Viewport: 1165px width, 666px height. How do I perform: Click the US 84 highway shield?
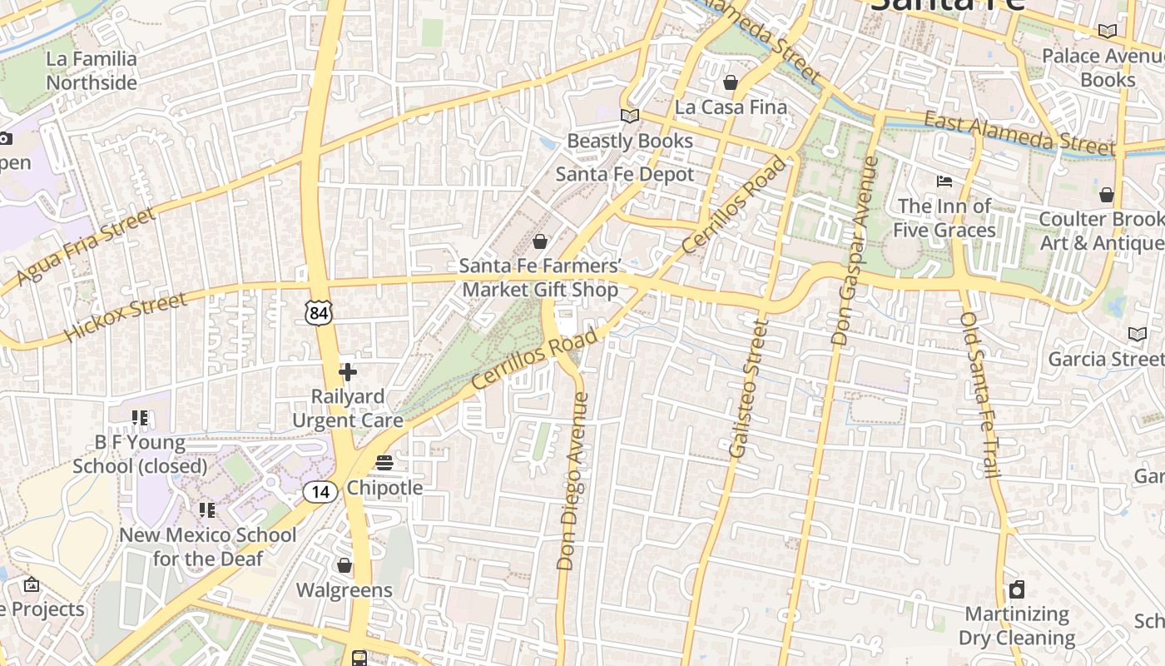pyautogui.click(x=319, y=312)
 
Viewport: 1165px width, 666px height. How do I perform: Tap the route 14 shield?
pyautogui.click(x=320, y=492)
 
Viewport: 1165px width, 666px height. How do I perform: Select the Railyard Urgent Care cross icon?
pyautogui.click(x=348, y=372)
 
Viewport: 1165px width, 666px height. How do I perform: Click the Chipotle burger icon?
pyautogui.click(x=384, y=462)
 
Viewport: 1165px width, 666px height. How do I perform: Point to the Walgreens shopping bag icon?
pyautogui.click(x=345, y=566)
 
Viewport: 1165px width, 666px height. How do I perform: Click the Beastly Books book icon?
pyautogui.click(x=630, y=117)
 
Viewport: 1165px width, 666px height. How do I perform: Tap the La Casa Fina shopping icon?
pyautogui.click(x=731, y=82)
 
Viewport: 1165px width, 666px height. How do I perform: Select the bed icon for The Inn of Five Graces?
pyautogui.click(x=944, y=181)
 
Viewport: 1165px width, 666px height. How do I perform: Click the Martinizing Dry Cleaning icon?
pyautogui.click(x=1016, y=590)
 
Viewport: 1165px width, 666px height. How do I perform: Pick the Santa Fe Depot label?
pyautogui.click(x=624, y=174)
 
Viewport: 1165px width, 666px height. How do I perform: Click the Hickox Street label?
pyautogui.click(x=125, y=316)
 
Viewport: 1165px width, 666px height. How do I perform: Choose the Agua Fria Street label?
pyautogui.click(x=87, y=246)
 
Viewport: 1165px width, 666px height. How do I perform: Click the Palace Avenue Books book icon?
pyautogui.click(x=1107, y=32)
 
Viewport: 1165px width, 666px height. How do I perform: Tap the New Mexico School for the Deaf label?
pyautogui.click(x=207, y=546)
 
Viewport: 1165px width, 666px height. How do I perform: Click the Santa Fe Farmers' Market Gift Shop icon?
pyautogui.click(x=540, y=242)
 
